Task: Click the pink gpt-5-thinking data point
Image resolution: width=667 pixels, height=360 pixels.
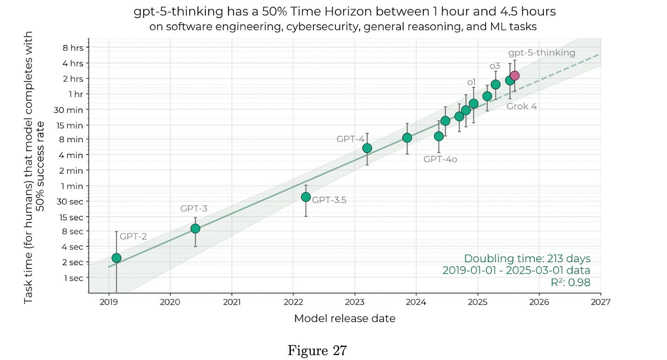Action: coord(514,76)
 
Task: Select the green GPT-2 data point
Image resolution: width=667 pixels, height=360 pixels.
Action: coord(116,258)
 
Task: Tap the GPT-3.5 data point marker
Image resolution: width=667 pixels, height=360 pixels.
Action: coord(306,197)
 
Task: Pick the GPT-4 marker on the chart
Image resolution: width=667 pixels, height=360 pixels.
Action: coord(367,148)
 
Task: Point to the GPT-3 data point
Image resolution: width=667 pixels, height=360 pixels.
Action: coord(195,229)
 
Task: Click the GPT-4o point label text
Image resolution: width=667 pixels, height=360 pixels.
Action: coord(440,159)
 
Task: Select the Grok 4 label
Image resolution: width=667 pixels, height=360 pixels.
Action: coord(521,106)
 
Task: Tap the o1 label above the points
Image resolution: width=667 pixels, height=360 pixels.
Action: coord(471,82)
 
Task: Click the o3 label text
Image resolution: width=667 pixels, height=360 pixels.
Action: coord(495,66)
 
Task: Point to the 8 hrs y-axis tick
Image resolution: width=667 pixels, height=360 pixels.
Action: coord(73,47)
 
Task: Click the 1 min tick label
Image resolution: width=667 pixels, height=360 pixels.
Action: coord(73,186)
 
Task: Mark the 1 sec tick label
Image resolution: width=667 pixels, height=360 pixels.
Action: coord(73,278)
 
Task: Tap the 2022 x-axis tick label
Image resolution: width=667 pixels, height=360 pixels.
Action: coord(293,302)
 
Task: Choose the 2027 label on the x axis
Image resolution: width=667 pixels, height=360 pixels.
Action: coord(600,302)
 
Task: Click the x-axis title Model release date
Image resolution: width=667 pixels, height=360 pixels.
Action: coord(344,318)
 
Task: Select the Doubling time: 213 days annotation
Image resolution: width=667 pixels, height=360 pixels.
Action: coord(527,258)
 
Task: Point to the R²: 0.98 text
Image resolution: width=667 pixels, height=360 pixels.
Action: coord(570,283)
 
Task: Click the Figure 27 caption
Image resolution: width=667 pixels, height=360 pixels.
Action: coord(317,351)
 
